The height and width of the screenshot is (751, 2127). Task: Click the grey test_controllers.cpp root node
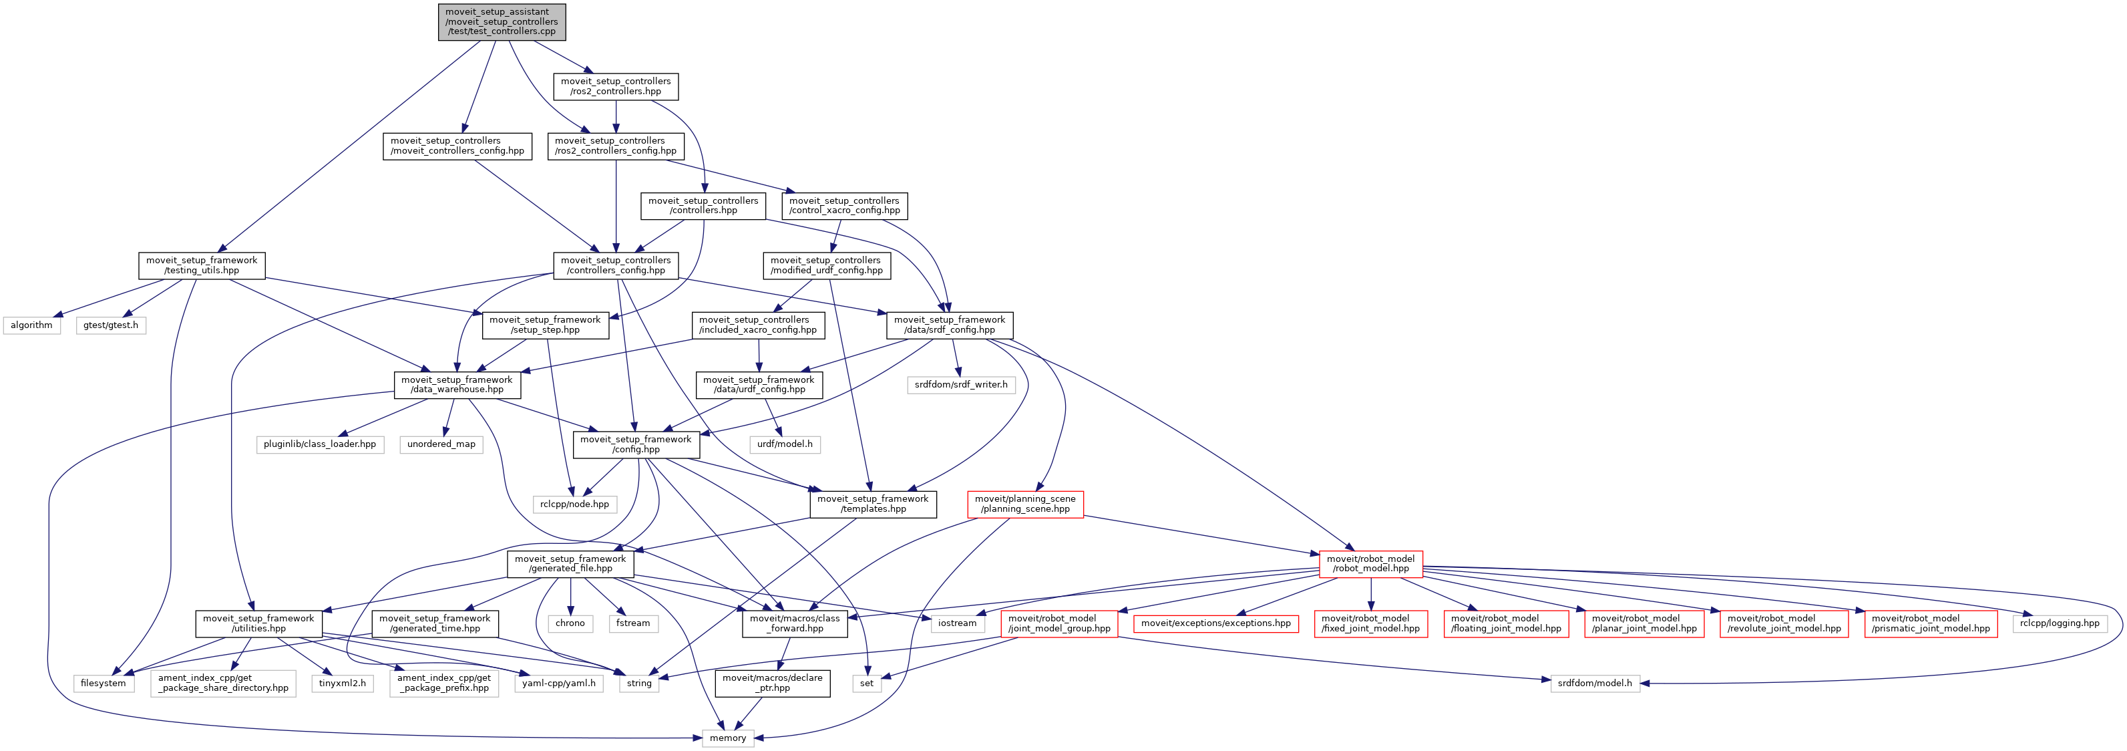click(502, 21)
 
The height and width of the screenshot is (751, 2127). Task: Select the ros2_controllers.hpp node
click(615, 86)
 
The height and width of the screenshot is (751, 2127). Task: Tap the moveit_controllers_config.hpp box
click(457, 146)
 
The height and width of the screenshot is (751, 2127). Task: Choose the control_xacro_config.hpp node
click(844, 206)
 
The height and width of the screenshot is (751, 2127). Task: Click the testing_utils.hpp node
click(202, 265)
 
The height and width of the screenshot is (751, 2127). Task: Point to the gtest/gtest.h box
click(111, 325)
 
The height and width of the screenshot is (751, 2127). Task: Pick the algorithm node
click(31, 325)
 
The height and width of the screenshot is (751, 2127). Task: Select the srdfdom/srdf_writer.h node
click(961, 385)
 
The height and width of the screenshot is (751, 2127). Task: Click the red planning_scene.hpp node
click(1024, 504)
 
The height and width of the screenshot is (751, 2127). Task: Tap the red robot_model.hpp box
click(1370, 563)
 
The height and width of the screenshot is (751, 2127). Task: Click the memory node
click(727, 738)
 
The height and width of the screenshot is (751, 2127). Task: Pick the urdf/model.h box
click(785, 444)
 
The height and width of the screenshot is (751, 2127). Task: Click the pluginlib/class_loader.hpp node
click(319, 444)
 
